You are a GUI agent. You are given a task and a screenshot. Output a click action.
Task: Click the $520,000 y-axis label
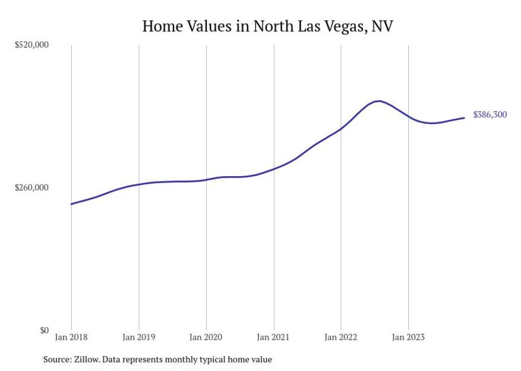click(31, 45)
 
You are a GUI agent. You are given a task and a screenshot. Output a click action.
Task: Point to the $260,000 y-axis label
click(31, 188)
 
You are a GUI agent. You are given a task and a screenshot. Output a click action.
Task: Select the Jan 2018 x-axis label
click(71, 337)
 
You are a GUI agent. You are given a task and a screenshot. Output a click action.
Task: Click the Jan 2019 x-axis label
click(139, 337)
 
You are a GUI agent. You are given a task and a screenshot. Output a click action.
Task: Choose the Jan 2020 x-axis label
click(206, 337)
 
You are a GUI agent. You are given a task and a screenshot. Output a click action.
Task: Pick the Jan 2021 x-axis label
click(274, 337)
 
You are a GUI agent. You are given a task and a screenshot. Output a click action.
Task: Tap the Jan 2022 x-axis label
click(341, 337)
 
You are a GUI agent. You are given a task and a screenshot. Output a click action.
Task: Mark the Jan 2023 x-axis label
click(408, 337)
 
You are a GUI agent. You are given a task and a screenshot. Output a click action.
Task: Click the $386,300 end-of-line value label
click(490, 115)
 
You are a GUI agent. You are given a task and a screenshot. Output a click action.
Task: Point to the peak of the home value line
click(378, 101)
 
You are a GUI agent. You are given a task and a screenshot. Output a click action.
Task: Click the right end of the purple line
click(465, 118)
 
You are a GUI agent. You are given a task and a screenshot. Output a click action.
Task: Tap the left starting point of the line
click(71, 204)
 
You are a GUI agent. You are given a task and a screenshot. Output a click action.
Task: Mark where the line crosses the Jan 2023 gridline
click(408, 116)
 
